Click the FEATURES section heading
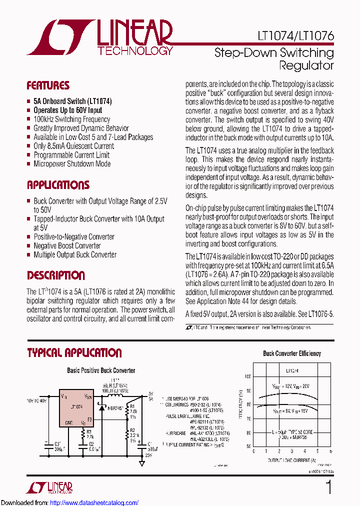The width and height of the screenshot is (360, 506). (x=48, y=85)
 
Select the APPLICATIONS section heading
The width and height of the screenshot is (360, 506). (x=58, y=185)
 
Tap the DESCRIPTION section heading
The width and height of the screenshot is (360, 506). (x=55, y=275)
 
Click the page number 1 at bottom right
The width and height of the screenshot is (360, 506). (x=328, y=487)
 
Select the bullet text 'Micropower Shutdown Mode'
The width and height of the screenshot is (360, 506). (x=72, y=164)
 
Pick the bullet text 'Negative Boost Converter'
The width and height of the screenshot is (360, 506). (x=67, y=246)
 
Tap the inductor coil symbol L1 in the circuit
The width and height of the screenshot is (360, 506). (x=113, y=395)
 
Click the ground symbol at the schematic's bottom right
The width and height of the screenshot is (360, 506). (x=142, y=463)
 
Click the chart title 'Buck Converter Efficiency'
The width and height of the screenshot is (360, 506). (x=292, y=353)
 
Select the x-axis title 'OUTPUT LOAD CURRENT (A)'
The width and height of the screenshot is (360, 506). (x=292, y=459)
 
